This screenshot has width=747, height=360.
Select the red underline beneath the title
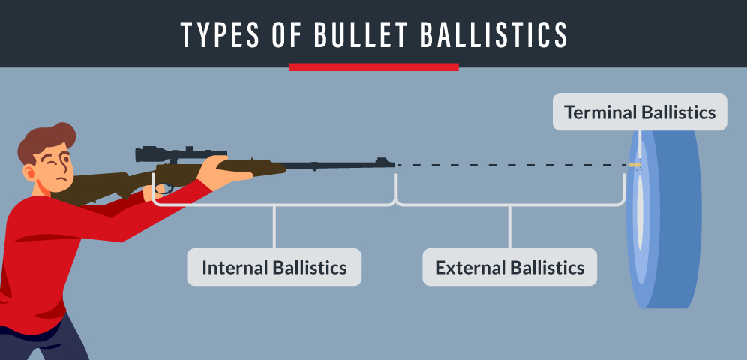pyautogui.click(x=373, y=67)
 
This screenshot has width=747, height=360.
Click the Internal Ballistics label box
pyautogui.click(x=274, y=267)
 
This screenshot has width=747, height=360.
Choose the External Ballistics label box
pyautogui.click(x=509, y=267)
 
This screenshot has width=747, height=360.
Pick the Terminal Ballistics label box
pyautogui.click(x=640, y=112)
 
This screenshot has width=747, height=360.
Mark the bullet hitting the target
pyautogui.click(x=634, y=164)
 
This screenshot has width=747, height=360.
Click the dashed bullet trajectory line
pyautogui.click(x=510, y=164)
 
